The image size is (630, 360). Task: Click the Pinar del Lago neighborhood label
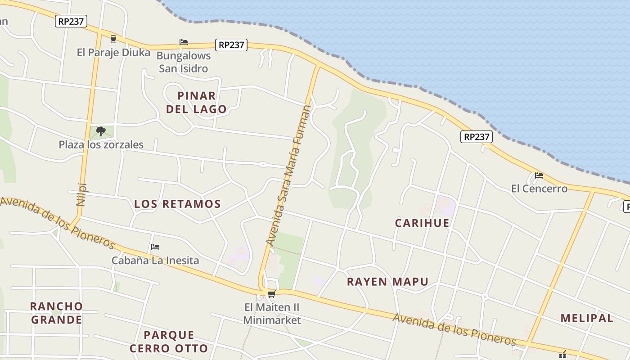pyautogui.click(x=196, y=102)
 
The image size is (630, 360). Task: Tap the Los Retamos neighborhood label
pyautogui.click(x=177, y=204)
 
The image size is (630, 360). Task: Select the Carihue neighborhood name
pyautogui.click(x=422, y=223)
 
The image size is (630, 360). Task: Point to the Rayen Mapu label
pyautogui.click(x=387, y=282)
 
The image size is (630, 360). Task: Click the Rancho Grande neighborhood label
pyautogui.click(x=56, y=313)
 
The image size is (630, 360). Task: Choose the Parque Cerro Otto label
pyautogui.click(x=169, y=342)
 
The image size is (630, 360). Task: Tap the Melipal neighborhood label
pyautogui.click(x=587, y=318)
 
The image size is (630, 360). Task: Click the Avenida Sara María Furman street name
pyautogui.click(x=288, y=175)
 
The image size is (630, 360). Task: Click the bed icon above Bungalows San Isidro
pyautogui.click(x=184, y=42)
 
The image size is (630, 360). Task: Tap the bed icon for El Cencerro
pyautogui.click(x=539, y=175)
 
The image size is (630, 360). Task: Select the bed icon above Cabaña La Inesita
pyautogui.click(x=155, y=247)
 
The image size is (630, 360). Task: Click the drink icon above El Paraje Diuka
pyautogui.click(x=113, y=39)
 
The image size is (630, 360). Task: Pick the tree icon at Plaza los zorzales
pyautogui.click(x=101, y=131)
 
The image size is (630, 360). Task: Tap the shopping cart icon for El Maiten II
pyautogui.click(x=271, y=294)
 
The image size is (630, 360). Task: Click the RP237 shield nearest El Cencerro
pyautogui.click(x=477, y=137)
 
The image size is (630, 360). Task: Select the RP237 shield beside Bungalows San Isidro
pyautogui.click(x=231, y=45)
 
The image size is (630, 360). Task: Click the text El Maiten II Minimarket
pyautogui.click(x=272, y=314)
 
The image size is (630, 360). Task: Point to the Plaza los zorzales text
pyautogui.click(x=101, y=144)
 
